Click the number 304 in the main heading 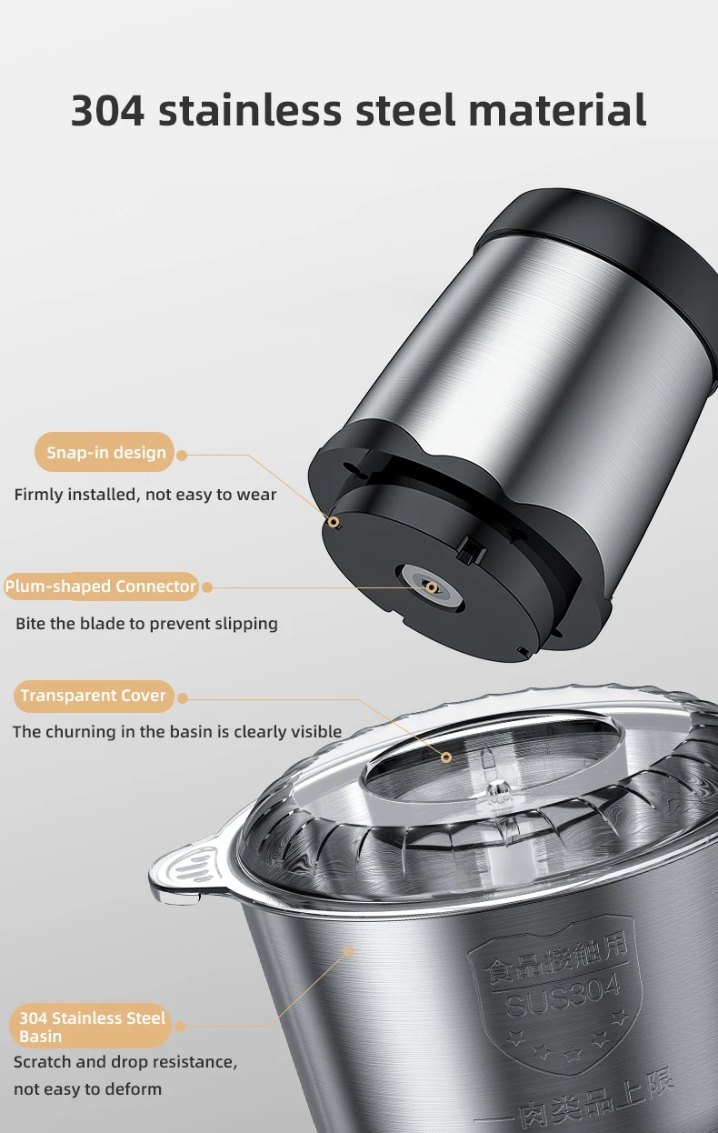(107, 110)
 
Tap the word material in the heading (557, 109)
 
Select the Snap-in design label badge (105, 452)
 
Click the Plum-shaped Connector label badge (101, 587)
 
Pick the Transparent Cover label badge (94, 696)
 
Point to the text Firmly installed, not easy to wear (145, 495)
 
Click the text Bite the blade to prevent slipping (146, 624)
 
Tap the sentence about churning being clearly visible (177, 732)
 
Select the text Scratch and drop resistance (125, 1062)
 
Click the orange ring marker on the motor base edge (334, 522)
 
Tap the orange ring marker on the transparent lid (446, 757)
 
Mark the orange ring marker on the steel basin (348, 951)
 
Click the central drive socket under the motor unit (430, 587)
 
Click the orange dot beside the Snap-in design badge (182, 456)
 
